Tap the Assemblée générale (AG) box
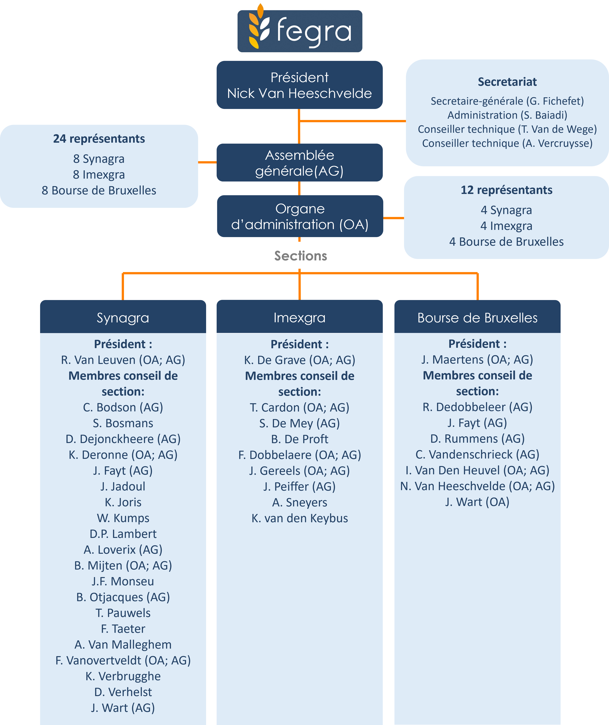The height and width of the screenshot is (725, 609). coord(299,163)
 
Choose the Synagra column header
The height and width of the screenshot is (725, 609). coord(123,318)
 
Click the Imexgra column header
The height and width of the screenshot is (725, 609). coord(299,318)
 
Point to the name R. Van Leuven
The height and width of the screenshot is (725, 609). coord(123,360)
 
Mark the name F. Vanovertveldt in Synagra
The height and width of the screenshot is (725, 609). coord(123,660)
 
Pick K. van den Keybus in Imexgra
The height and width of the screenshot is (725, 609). coord(299,518)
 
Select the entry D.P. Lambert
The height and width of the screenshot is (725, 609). coord(123,534)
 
